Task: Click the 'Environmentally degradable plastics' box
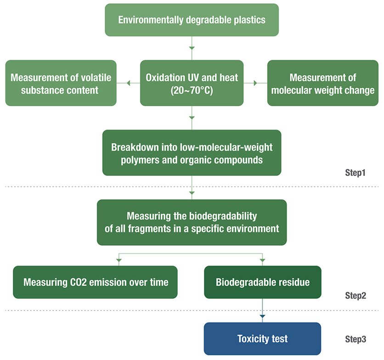pos(192,20)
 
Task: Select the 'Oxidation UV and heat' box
pos(192,83)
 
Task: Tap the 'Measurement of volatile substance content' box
pos(61,83)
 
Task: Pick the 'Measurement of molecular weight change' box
pos(323,83)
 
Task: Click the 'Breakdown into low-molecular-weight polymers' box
pos(192,153)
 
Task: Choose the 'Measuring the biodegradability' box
pos(192,222)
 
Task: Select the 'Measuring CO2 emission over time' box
pos(95,282)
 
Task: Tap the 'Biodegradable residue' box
pos(263,282)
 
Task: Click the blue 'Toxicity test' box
pos(263,339)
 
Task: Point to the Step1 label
pos(355,173)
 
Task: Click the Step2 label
pos(356,296)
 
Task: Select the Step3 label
pos(356,339)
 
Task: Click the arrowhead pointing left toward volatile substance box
pos(128,83)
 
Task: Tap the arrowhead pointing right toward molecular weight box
pos(255,83)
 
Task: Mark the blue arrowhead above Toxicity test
pos(262,317)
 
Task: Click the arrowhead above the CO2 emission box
pos(119,260)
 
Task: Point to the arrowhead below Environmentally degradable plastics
pos(192,48)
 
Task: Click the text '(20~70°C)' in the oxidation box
pos(192,90)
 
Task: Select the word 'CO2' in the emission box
pos(79,282)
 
